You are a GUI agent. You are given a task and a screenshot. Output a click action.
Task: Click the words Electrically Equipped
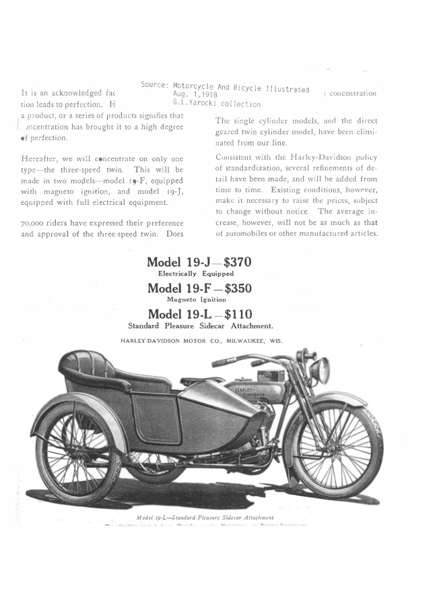195,274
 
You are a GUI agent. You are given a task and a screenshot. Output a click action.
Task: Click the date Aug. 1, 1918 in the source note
195,95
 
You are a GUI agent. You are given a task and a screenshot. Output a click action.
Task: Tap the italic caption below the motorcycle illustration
205,517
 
